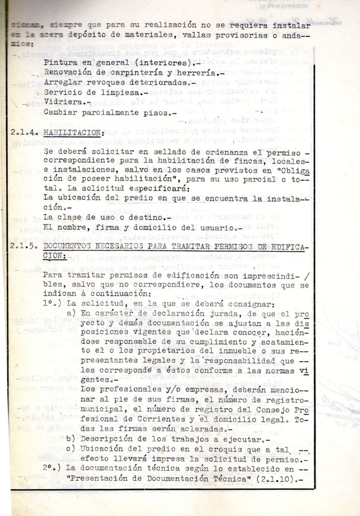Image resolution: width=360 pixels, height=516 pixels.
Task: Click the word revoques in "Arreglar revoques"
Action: click(101, 83)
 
